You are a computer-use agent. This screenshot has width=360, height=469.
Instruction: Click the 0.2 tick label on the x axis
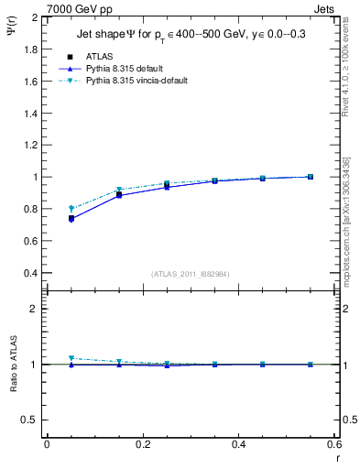click(142, 444)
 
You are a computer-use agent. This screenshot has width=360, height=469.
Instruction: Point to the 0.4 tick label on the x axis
click(238, 444)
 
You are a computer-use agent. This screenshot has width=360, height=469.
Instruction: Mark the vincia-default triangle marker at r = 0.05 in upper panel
click(71, 208)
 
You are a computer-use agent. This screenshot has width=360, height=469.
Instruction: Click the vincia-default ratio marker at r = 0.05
click(71, 358)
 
